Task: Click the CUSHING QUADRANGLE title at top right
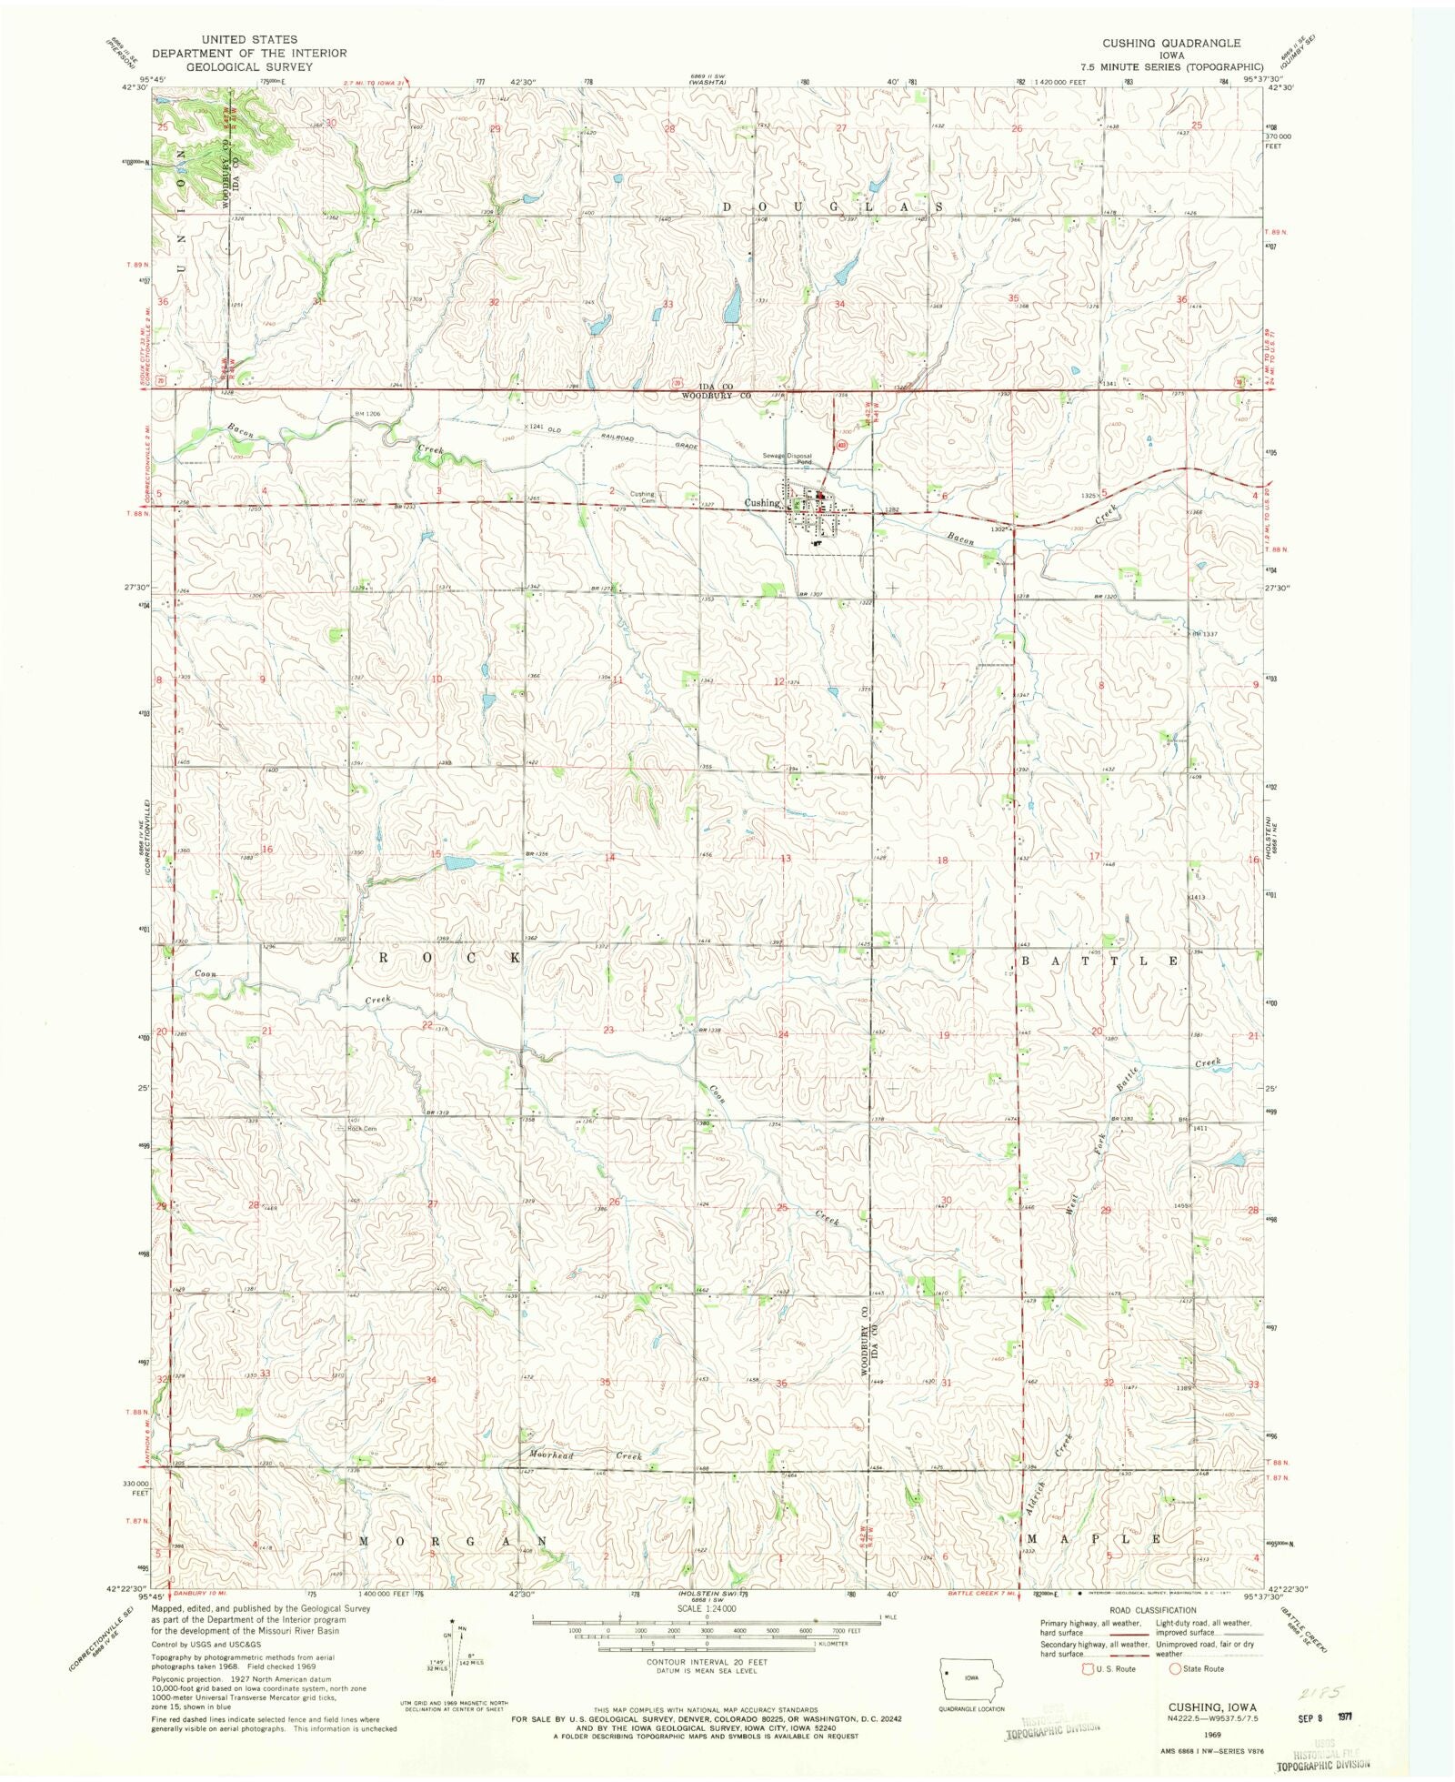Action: click(x=1171, y=43)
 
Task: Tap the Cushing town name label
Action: click(x=762, y=502)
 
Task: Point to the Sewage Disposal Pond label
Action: click(x=788, y=458)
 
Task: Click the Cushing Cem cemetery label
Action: click(x=643, y=498)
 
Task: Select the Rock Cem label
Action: click(x=362, y=1129)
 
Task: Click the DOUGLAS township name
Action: click(x=830, y=207)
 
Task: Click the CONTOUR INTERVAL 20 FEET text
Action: click(x=705, y=1662)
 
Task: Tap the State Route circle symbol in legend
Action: click(x=1175, y=1668)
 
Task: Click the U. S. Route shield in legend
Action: click(x=1087, y=1668)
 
